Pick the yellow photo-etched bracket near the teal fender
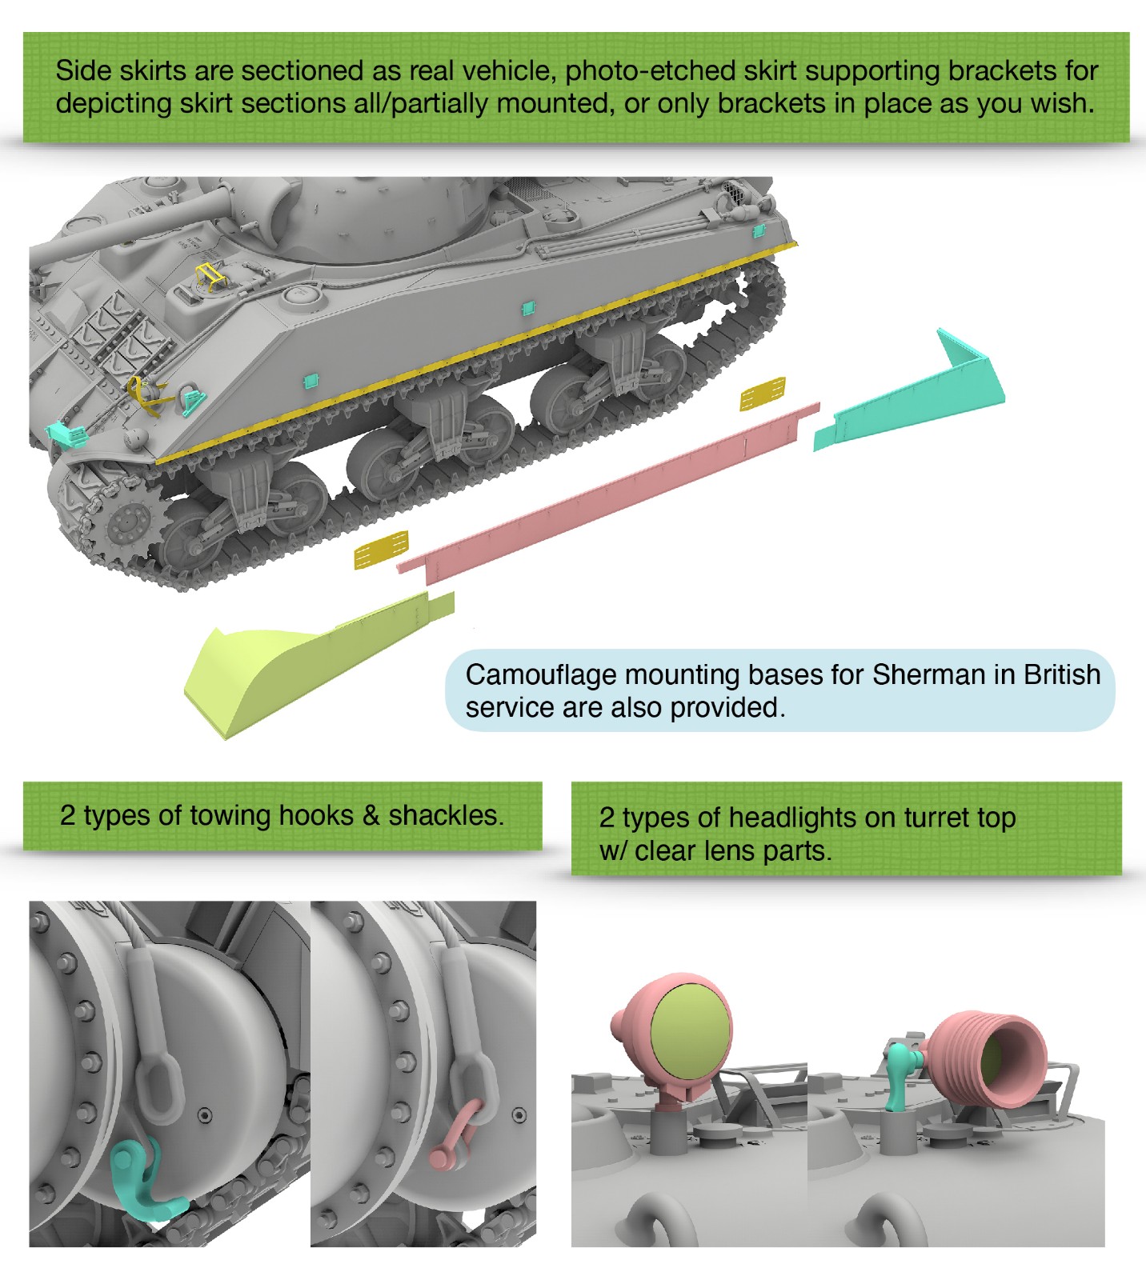(762, 394)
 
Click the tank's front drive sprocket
(125, 524)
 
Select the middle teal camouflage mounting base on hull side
(527, 308)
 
